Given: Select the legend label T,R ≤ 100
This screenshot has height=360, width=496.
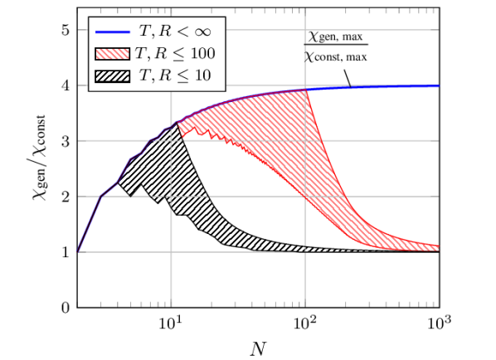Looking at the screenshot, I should pyautogui.click(x=177, y=54).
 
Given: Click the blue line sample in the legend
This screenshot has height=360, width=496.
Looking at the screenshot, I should pyautogui.click(x=113, y=32).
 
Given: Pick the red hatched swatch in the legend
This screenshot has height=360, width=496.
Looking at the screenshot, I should pyautogui.click(x=113, y=54).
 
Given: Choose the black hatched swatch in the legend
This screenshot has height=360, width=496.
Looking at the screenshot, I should pyautogui.click(x=113, y=75).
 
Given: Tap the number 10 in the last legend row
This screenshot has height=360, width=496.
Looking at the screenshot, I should pyautogui.click(x=202, y=75).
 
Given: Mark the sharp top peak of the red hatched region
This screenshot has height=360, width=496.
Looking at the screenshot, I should pyautogui.click(x=306, y=90).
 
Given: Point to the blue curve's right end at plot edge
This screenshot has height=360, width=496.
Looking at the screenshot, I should pyautogui.click(x=437, y=85).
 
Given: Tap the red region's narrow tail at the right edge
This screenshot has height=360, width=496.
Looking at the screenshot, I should pyautogui.click(x=435, y=247).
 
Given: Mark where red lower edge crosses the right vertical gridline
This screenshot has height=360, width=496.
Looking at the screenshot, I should pyautogui.click(x=306, y=197).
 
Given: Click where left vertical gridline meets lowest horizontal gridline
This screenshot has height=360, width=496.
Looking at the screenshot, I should pyautogui.click(x=171, y=252).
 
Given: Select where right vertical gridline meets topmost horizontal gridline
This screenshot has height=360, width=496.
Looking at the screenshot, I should pyautogui.click(x=306, y=30).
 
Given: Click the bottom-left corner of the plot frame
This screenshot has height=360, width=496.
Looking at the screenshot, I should pyautogui.click(x=77, y=307).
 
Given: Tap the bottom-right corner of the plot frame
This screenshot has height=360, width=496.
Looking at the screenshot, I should pyautogui.click(x=438, y=307).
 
